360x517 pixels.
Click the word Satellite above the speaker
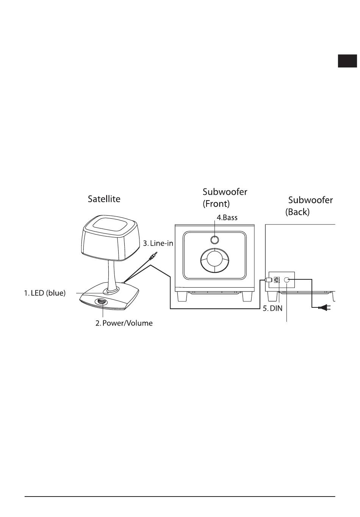[104, 199]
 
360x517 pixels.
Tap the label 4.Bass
[227, 218]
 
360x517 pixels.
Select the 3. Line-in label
[158, 243]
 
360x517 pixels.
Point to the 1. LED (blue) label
[45, 293]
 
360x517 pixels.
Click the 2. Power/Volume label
[124, 323]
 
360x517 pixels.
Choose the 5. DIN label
[273, 309]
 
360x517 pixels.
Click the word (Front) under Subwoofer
[216, 204]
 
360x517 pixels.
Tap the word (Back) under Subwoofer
[297, 212]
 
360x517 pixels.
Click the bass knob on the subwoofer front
[214, 240]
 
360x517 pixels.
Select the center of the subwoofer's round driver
[214, 261]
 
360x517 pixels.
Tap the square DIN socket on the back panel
[277, 279]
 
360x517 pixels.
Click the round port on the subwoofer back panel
[287, 279]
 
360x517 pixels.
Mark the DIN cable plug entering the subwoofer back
[268, 280]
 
